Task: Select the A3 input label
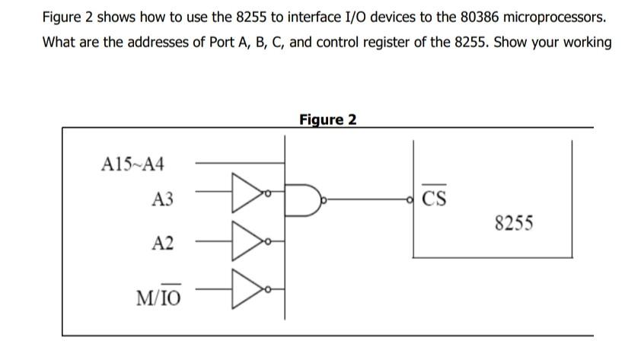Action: pyautogui.click(x=162, y=200)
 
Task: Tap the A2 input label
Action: pyautogui.click(x=162, y=244)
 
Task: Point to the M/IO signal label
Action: pyautogui.click(x=158, y=295)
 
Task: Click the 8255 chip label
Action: pyautogui.click(x=514, y=224)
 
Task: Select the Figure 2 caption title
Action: pyautogui.click(x=327, y=119)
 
